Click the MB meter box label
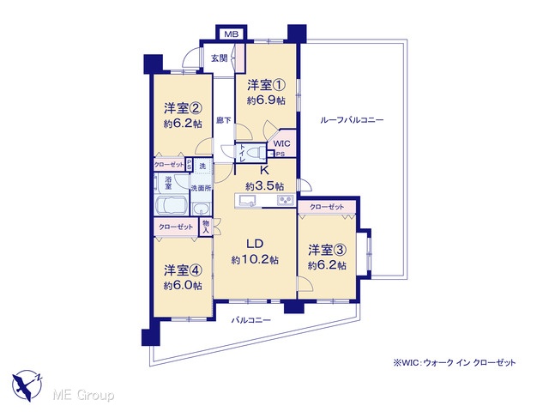232,34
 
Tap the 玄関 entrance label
220,58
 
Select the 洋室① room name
267,85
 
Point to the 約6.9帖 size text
266,100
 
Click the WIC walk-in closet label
281,143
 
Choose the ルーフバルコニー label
352,120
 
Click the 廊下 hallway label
223,120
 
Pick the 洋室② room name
183,108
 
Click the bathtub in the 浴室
172,206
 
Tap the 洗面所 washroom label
201,188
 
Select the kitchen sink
247,200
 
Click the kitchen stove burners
285,200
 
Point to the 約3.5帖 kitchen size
265,186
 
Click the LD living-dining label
255,244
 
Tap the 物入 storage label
206,227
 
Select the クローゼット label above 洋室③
327,207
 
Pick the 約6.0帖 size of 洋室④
183,286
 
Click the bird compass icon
27,385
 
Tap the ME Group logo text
83,396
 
